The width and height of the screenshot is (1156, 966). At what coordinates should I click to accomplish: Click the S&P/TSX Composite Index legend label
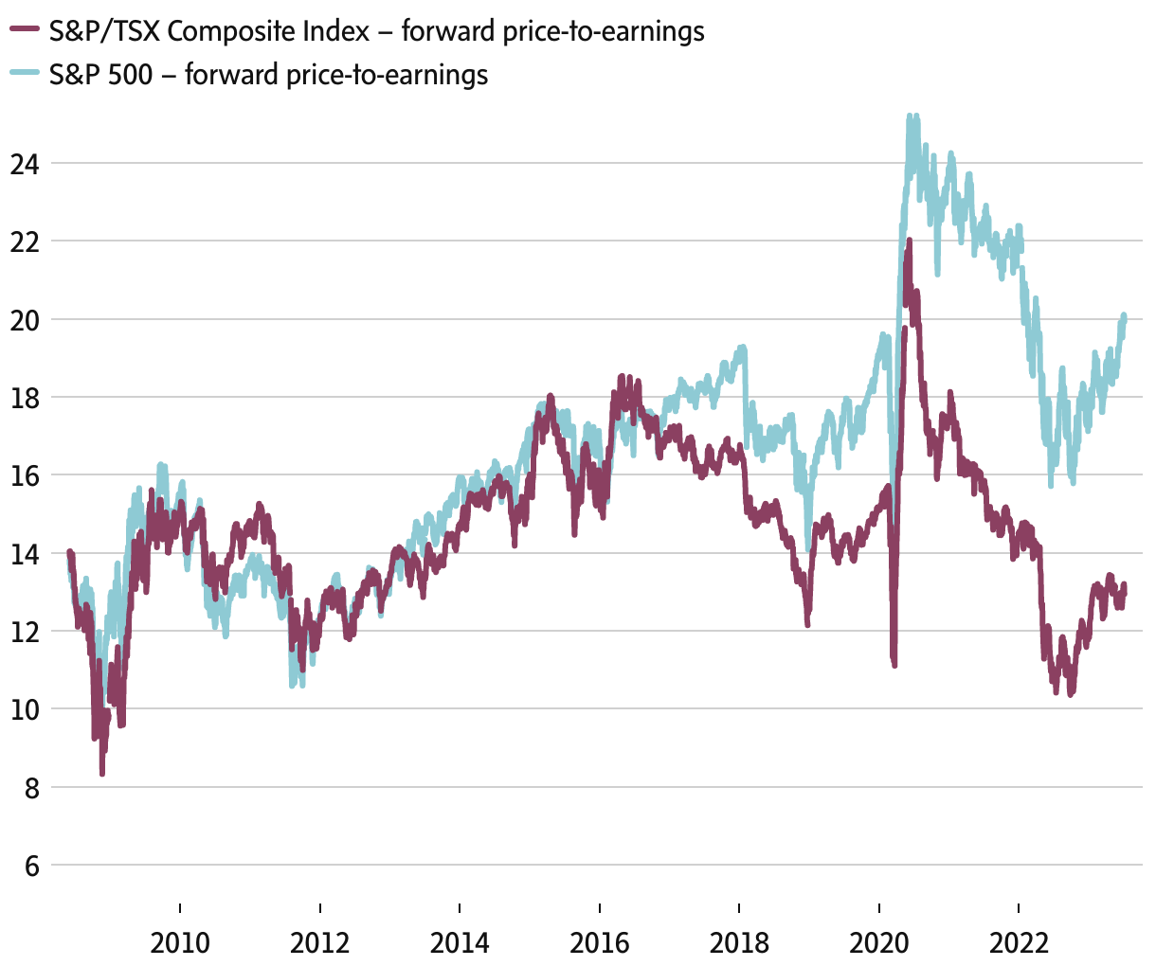pyautogui.click(x=376, y=31)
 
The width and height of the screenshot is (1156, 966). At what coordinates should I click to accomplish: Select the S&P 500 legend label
pyautogui.click(x=268, y=74)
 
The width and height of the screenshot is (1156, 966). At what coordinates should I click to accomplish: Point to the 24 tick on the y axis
pyautogui.click(x=25, y=164)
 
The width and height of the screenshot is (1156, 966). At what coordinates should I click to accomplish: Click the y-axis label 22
pyautogui.click(x=25, y=241)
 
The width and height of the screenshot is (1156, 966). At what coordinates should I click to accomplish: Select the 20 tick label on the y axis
pyautogui.click(x=25, y=320)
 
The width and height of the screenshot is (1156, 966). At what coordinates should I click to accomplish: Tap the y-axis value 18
pyautogui.click(x=25, y=398)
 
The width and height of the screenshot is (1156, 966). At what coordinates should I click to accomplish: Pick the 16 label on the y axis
pyautogui.click(x=25, y=475)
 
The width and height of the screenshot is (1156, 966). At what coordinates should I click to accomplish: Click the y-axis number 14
pyautogui.click(x=25, y=554)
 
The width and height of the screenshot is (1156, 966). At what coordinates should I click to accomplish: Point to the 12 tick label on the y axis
pyautogui.click(x=25, y=632)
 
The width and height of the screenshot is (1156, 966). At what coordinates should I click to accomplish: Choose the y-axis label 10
pyautogui.click(x=25, y=709)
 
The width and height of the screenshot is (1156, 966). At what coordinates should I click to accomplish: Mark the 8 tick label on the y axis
pyautogui.click(x=32, y=788)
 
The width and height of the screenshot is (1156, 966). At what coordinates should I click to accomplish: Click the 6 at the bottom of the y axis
pyautogui.click(x=32, y=866)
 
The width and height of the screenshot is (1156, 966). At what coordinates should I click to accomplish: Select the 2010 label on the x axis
pyautogui.click(x=180, y=942)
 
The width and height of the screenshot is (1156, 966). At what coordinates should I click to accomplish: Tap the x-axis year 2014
pyautogui.click(x=460, y=942)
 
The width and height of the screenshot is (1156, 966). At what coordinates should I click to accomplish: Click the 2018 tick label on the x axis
pyautogui.click(x=739, y=942)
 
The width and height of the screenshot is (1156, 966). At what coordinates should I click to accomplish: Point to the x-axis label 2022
pyautogui.click(x=1019, y=942)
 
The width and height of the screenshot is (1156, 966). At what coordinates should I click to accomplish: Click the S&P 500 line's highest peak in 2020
pyautogui.click(x=911, y=116)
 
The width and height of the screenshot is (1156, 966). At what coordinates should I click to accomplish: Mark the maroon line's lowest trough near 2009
pyautogui.click(x=102, y=774)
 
